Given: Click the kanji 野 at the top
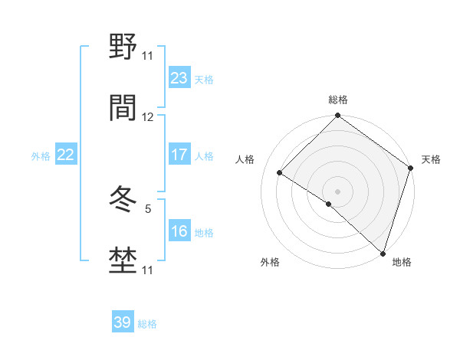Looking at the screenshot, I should click(x=123, y=47).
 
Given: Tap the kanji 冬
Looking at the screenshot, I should click(x=123, y=201).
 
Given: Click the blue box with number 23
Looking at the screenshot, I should click(x=179, y=78).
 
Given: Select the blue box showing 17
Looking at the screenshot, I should click(x=179, y=155).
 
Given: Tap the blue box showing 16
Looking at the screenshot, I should click(x=179, y=231).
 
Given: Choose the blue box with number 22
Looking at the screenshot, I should click(x=65, y=155).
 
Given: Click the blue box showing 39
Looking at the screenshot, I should click(x=122, y=322).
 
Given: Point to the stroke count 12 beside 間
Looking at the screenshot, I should click(x=148, y=117).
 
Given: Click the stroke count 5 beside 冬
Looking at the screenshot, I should click(x=148, y=208).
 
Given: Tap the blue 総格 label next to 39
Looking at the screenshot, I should click(x=147, y=324).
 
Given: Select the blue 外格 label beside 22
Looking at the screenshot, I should click(x=41, y=156).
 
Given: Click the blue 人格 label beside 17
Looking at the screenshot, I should click(x=204, y=156).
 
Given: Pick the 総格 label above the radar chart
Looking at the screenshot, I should click(x=337, y=100).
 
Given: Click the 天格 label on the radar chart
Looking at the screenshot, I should click(x=431, y=159).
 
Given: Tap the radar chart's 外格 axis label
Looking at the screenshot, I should click(x=270, y=262).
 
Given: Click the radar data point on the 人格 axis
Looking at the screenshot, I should click(x=280, y=172).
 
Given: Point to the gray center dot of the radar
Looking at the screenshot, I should click(x=337, y=191).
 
